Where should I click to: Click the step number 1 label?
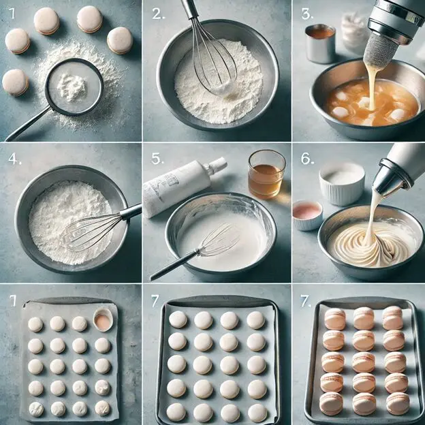click(12, 14)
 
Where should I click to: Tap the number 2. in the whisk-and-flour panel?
click(158, 14)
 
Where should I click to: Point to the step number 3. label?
click(308, 14)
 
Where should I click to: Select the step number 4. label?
click(14, 159)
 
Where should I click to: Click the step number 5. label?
click(158, 159)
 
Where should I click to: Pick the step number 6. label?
click(308, 159)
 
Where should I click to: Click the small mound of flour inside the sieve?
click(72, 87)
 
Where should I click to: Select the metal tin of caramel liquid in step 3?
click(320, 44)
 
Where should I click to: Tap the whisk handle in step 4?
click(131, 211)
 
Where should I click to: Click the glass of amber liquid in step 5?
click(267, 174)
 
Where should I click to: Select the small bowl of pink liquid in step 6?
click(308, 215)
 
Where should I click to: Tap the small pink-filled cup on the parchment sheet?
click(103, 319)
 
